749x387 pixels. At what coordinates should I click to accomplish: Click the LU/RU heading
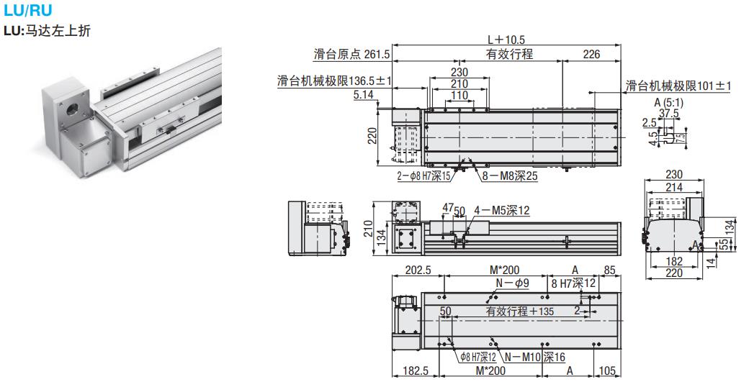point(28,11)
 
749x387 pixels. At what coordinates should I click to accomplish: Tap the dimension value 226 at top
point(591,54)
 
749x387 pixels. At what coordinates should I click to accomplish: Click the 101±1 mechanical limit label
point(678,86)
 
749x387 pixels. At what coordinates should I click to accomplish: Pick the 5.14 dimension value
point(364,94)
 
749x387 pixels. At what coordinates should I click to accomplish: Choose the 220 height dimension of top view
point(372,135)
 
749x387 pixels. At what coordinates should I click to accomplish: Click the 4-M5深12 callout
point(502,210)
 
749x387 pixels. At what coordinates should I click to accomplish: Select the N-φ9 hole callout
point(512,283)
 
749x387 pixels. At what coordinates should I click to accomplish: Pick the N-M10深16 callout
point(534,357)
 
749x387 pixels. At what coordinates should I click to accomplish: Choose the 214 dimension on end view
point(673,187)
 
